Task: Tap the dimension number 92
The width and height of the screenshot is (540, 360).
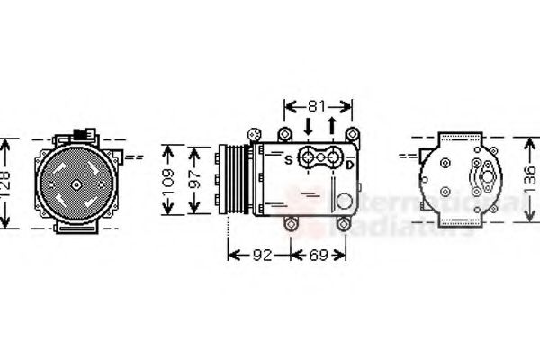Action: pos(261,256)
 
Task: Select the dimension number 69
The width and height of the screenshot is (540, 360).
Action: pos(319,256)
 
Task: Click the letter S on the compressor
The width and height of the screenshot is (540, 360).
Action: pos(288,161)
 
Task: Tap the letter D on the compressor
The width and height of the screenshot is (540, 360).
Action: pos(350,163)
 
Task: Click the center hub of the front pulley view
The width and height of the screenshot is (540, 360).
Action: pos(76,184)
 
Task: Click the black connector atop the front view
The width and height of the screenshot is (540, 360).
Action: pos(87,133)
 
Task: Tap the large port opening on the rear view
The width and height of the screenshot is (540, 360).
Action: pos(489,177)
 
